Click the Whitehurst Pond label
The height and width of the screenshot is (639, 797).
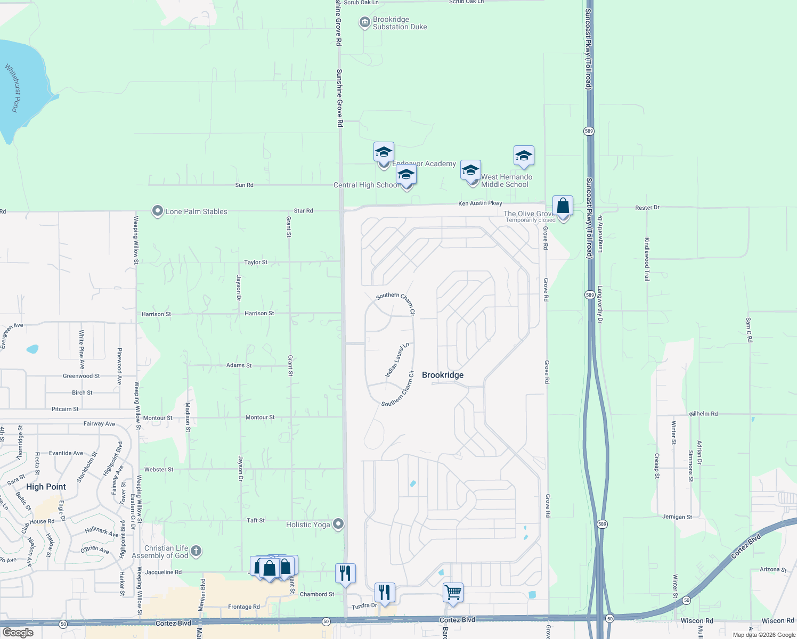click(x=15, y=88)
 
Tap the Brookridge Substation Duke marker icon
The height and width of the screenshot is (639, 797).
click(x=364, y=22)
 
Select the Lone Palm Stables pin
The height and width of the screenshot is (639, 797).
click(x=157, y=211)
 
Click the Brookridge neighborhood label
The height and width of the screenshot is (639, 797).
click(x=443, y=375)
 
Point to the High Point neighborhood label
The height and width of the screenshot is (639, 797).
click(x=46, y=487)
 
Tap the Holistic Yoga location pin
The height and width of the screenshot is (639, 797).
click(x=338, y=524)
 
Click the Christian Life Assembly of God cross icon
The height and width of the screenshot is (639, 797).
click(x=196, y=551)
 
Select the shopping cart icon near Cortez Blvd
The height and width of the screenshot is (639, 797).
click(x=453, y=592)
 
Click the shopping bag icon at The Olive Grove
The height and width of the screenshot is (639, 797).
click(x=563, y=206)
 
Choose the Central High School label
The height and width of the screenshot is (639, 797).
click(x=365, y=185)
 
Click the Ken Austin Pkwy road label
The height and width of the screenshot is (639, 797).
click(x=480, y=203)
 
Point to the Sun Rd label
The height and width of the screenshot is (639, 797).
click(x=244, y=185)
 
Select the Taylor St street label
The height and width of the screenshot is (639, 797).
click(x=256, y=263)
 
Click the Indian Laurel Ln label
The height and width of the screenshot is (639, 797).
click(x=397, y=361)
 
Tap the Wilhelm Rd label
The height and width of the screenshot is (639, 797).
click(x=703, y=414)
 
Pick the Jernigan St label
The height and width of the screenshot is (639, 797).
click(x=677, y=517)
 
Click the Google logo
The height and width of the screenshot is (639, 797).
click(x=18, y=633)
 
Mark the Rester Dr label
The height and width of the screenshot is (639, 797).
click(x=647, y=208)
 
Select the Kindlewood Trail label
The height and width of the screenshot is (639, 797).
click(x=647, y=259)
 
